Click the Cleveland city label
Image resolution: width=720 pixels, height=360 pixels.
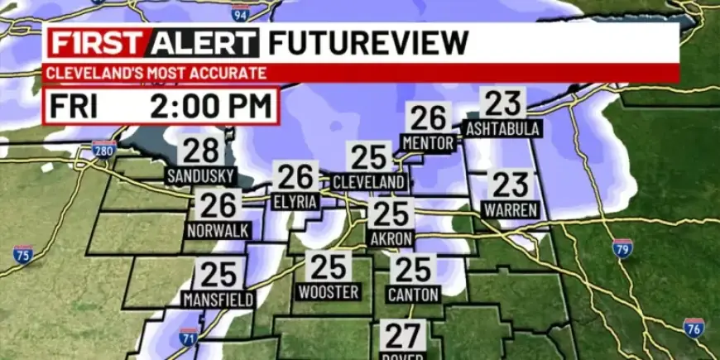(369, 181)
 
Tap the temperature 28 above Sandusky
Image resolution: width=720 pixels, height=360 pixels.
(200, 151)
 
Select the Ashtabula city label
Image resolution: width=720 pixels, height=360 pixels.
(503, 129)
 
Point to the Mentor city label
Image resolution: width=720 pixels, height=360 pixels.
(428, 143)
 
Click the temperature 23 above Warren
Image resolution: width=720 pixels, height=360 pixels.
(511, 184)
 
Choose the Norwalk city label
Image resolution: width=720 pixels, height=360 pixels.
(218, 231)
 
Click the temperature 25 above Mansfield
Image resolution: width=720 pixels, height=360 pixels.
(218, 274)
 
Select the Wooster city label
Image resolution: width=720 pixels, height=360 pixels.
(328, 292)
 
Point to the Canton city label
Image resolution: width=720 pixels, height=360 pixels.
(413, 294)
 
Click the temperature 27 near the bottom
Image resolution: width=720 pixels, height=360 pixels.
(404, 337)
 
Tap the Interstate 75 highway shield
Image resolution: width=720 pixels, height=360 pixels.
(23, 254)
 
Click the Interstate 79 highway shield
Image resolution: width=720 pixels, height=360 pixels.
(623, 247)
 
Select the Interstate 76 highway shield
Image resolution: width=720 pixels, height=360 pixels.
(694, 327)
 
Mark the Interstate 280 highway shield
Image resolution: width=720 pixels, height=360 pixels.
(103, 149)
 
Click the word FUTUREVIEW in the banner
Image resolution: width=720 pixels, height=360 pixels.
(368, 42)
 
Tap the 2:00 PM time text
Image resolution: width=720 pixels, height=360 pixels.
(211, 107)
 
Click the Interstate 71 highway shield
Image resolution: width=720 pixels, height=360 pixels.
(189, 337)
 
